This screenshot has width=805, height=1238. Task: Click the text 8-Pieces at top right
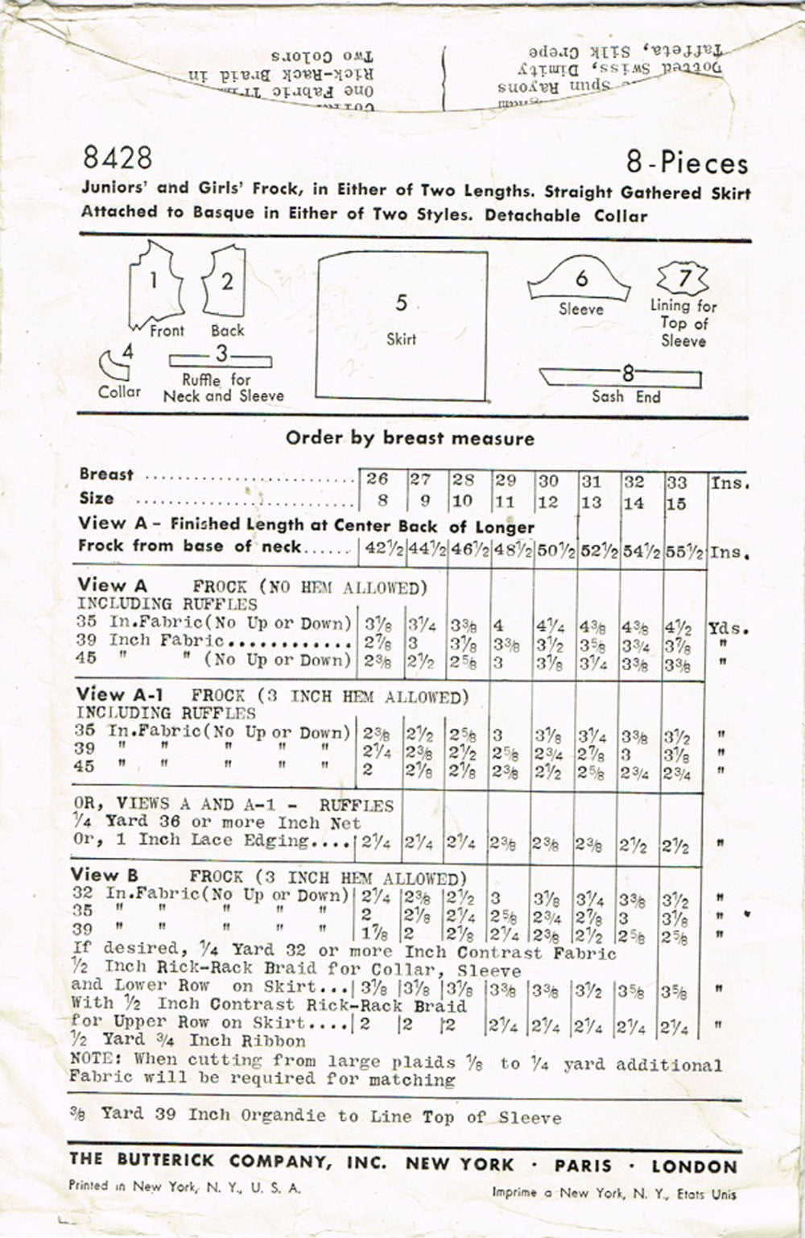(687, 164)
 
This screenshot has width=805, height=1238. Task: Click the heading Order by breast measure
(410, 439)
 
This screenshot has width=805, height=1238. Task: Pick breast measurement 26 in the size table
(378, 479)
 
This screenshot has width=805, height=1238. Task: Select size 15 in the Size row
(676, 503)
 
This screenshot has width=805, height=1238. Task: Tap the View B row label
(104, 876)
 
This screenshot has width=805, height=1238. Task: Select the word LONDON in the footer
(694, 1166)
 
